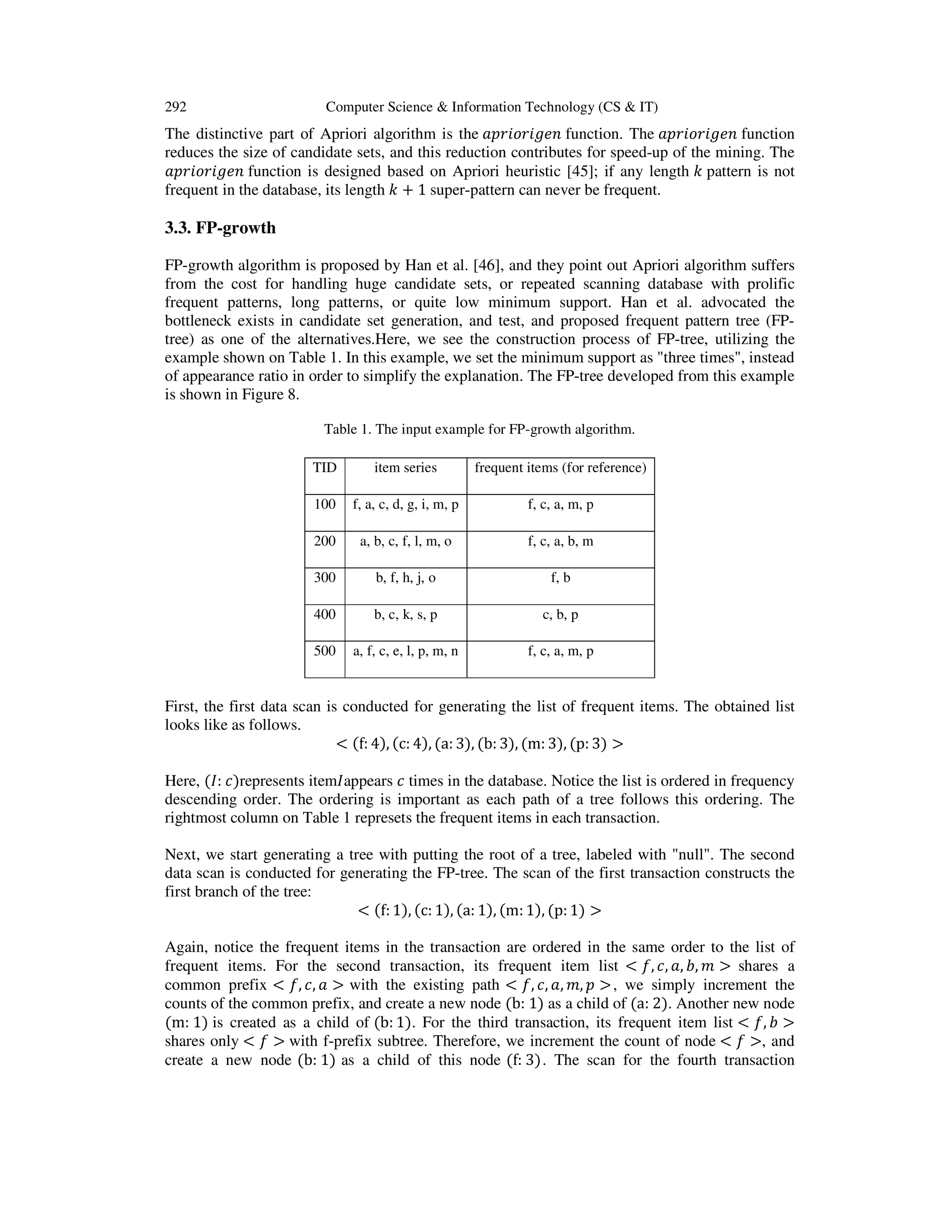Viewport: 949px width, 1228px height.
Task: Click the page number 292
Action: click(x=176, y=107)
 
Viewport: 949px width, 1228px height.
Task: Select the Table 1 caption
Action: click(x=479, y=430)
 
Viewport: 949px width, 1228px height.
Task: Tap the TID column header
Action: click(x=324, y=468)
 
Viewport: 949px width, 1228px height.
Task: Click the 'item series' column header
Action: click(x=405, y=468)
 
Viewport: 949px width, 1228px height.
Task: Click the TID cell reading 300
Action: click(x=324, y=577)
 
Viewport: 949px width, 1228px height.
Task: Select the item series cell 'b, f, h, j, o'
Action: click(x=405, y=578)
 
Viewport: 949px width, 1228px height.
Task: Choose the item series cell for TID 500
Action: click(x=405, y=651)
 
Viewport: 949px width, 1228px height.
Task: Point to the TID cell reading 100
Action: click(x=324, y=504)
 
